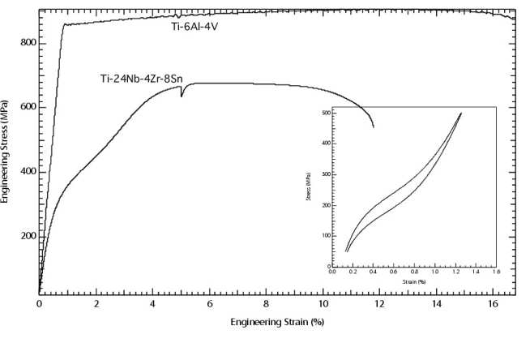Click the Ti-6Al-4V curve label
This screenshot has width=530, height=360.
[224, 27]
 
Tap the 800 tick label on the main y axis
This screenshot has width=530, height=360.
[27, 43]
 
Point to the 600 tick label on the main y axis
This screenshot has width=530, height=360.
[27, 108]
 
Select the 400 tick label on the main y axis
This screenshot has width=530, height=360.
[27, 172]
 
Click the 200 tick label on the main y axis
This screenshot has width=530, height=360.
[27, 237]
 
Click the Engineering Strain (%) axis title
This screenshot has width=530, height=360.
[277, 321]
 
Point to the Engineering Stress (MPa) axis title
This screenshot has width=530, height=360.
[6, 151]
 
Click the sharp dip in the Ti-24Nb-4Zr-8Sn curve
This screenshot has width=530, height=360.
[182, 96]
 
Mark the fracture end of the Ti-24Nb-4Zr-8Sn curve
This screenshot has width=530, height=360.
[373, 126]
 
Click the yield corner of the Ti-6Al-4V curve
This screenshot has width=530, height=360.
[63, 24]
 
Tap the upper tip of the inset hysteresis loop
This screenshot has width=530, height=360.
[461, 113]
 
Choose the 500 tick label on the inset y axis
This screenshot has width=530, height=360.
[326, 114]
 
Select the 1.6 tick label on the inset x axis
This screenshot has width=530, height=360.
[495, 272]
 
